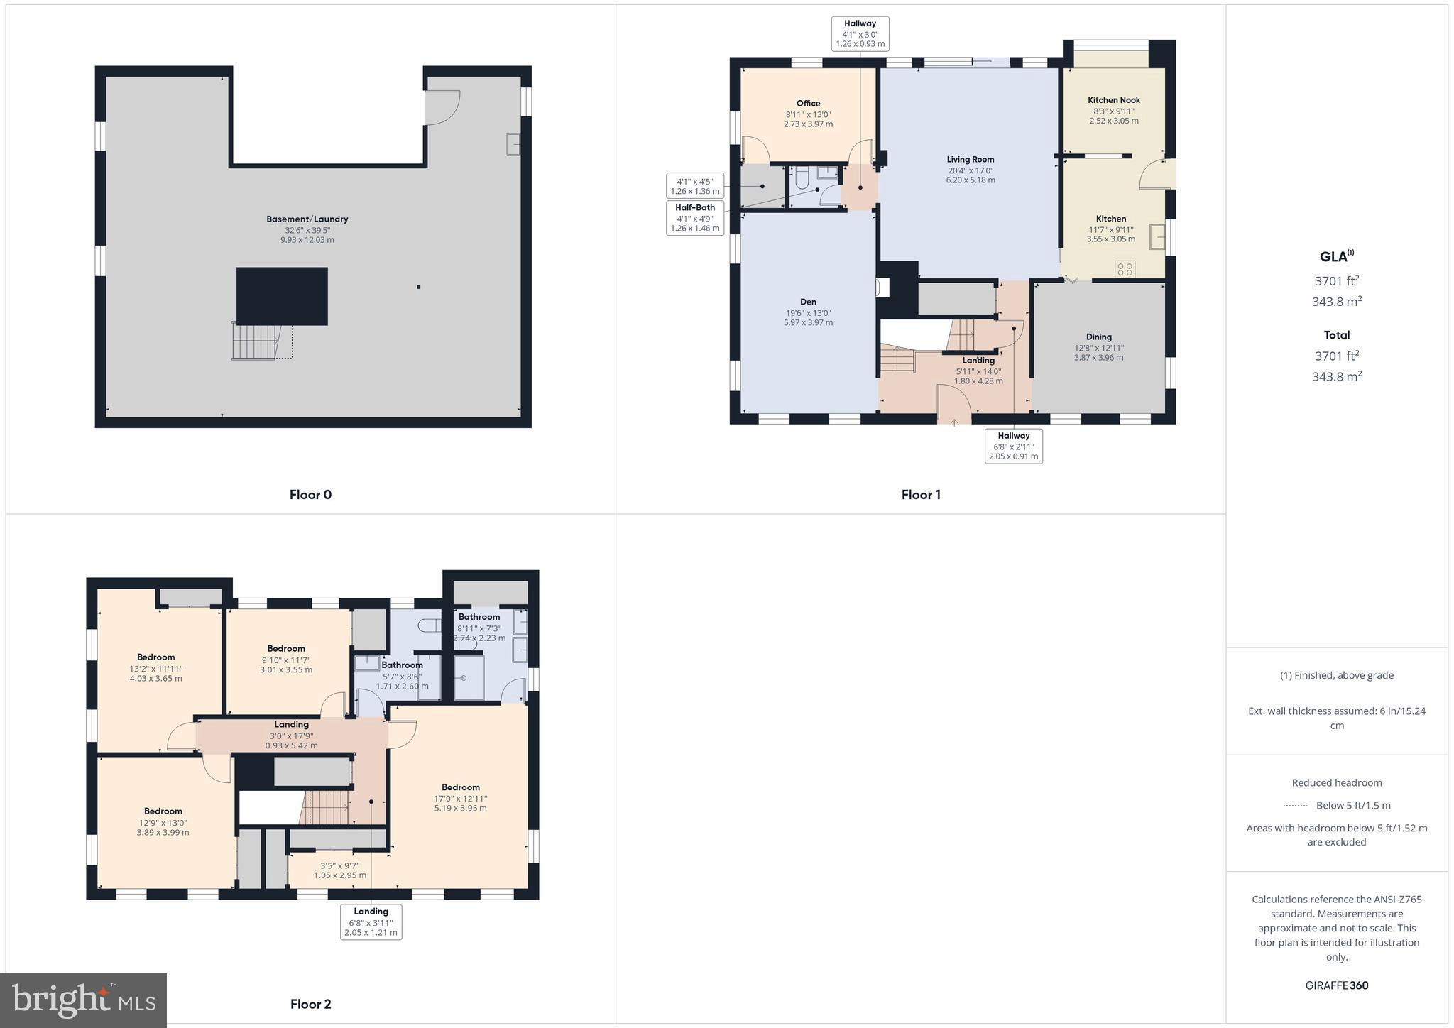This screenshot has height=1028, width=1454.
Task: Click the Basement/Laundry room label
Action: [x=307, y=219]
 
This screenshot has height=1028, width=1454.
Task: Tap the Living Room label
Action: [x=970, y=160]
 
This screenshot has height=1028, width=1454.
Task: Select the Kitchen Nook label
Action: [x=1113, y=100]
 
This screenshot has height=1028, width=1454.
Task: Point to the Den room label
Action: [x=808, y=302]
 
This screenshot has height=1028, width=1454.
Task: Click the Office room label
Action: [x=808, y=104]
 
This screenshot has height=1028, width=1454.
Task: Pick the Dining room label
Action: [x=1098, y=337]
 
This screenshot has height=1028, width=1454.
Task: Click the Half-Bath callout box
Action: [x=695, y=217]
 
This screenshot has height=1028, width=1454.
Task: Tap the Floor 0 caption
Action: [x=310, y=495]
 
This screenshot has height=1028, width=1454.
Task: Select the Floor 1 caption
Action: [x=921, y=495]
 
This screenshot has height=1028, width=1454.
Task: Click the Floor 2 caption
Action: [x=310, y=1004]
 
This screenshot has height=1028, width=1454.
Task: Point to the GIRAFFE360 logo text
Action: [x=1336, y=985]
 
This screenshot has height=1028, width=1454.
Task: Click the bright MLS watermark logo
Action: [x=84, y=1000]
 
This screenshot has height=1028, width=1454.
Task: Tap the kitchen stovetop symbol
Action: [x=1125, y=269]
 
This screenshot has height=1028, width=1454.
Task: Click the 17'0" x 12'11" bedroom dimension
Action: [x=460, y=798]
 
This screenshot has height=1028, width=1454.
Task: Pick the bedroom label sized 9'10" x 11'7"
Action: [x=286, y=648]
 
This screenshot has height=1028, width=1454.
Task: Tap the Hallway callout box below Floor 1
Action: [x=1013, y=446]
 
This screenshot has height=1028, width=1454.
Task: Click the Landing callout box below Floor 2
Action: [x=371, y=922]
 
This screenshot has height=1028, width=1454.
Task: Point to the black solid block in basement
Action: [x=282, y=296]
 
